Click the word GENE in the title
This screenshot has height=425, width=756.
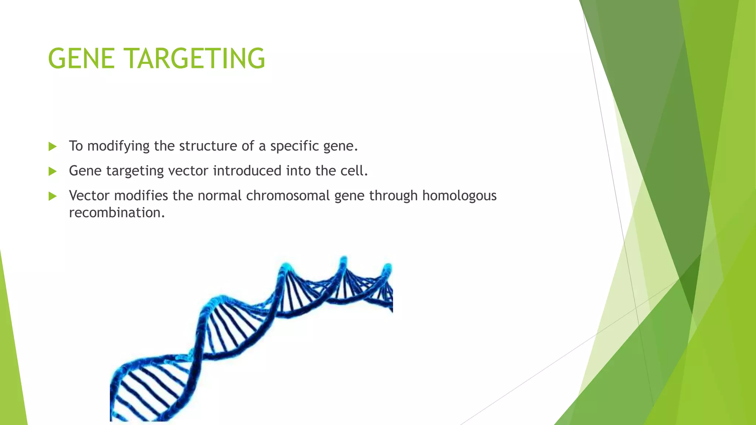point(81,59)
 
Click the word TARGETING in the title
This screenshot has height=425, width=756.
point(196,59)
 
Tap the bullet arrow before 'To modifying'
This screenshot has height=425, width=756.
point(52,146)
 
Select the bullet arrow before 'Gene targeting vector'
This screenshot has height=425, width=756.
point(52,171)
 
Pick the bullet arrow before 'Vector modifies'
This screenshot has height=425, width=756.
point(52,196)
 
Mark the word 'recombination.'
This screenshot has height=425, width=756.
point(117,213)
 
